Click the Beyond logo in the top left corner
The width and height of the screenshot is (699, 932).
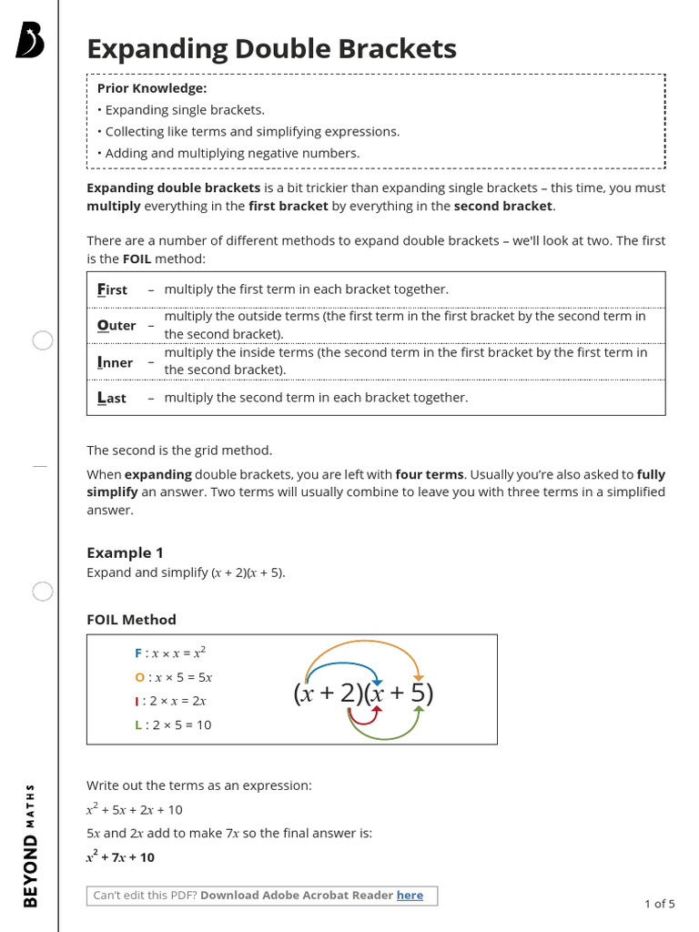pyautogui.click(x=29, y=41)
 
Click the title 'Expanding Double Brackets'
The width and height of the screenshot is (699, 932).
pyautogui.click(x=271, y=48)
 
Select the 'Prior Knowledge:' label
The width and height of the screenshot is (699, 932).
pyautogui.click(x=152, y=88)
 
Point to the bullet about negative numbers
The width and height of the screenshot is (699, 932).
pyautogui.click(x=232, y=153)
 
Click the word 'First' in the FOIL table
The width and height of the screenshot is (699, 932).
pyautogui.click(x=113, y=289)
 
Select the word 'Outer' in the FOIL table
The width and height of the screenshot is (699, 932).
pyautogui.click(x=116, y=325)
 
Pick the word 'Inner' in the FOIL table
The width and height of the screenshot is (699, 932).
pyautogui.click(x=116, y=362)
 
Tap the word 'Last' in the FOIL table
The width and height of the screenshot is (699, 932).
pyautogui.click(x=112, y=398)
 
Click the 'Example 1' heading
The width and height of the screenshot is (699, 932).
pyautogui.click(x=125, y=552)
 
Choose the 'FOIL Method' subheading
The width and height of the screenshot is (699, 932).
pyautogui.click(x=131, y=620)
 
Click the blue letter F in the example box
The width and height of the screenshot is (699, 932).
pyautogui.click(x=138, y=653)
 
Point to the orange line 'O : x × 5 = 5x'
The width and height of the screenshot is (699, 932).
pyautogui.click(x=173, y=677)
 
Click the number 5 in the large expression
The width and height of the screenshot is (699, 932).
pyautogui.click(x=417, y=694)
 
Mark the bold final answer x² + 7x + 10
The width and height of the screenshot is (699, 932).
pyautogui.click(x=120, y=857)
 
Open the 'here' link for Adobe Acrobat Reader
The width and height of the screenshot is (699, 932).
pyautogui.click(x=410, y=896)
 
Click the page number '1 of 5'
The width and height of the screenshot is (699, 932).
pyautogui.click(x=659, y=904)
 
